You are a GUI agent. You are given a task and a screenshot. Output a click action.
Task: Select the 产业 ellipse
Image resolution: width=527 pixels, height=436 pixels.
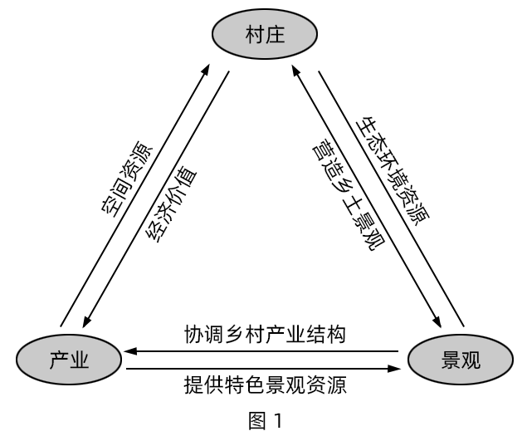click(69, 360)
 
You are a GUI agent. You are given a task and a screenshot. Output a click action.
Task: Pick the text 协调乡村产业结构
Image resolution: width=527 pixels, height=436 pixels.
click(265, 335)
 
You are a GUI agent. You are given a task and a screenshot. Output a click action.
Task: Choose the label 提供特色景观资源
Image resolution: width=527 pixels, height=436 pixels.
click(265, 385)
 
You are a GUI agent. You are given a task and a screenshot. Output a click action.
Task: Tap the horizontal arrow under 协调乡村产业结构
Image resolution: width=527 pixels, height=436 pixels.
click(266, 350)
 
